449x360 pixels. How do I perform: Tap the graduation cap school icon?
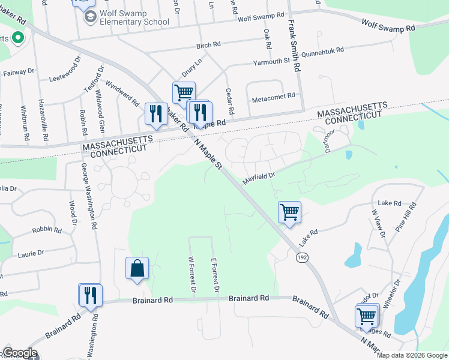[90, 16]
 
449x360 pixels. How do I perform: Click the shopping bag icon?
[137, 268]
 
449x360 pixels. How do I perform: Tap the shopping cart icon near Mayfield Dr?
[289, 212]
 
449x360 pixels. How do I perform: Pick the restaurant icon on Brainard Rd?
[91, 295]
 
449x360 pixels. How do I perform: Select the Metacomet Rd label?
[274, 96]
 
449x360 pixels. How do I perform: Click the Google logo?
[20, 353]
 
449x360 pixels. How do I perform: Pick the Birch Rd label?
[208, 46]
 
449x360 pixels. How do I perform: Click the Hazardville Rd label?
[42, 119]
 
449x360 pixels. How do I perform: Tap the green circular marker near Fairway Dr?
[17, 39]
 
